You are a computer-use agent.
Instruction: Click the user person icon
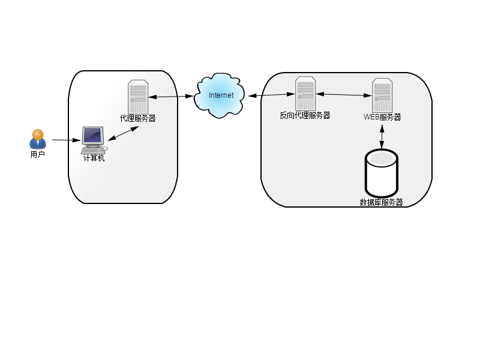(38, 139)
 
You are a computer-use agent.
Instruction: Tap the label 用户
(38, 155)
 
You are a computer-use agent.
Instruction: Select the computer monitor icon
(94, 140)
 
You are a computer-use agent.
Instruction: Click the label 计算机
(94, 158)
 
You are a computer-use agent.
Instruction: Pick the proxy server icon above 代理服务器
(138, 97)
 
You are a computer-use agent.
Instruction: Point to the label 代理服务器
(138, 118)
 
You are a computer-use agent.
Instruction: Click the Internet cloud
(220, 95)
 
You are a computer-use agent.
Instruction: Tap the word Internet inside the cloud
(221, 95)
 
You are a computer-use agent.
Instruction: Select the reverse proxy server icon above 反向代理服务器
(305, 94)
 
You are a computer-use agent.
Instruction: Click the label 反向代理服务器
(305, 115)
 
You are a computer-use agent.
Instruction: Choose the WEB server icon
(382, 95)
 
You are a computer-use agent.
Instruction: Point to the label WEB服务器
(382, 117)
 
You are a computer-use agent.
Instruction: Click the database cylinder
(382, 173)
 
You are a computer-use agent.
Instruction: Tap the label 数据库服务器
(381, 202)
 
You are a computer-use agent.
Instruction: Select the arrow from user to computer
(66, 140)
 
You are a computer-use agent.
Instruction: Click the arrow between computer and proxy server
(124, 133)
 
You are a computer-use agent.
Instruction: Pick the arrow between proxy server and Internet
(171, 97)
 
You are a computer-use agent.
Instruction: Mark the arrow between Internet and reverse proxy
(271, 95)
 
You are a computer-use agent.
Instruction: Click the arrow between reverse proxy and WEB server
(344, 95)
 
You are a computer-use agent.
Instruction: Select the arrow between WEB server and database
(382, 137)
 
